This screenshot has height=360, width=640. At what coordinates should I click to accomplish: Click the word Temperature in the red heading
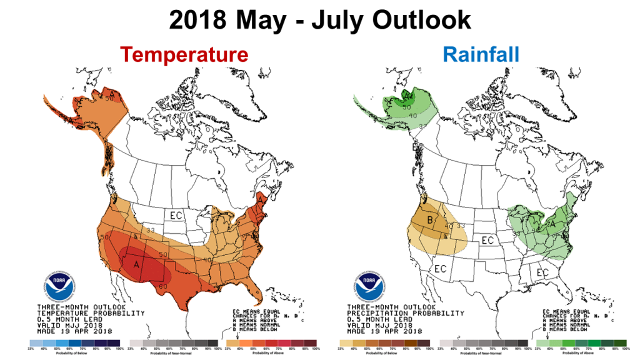point(184,54)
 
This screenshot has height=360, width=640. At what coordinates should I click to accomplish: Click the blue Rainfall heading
point(481,54)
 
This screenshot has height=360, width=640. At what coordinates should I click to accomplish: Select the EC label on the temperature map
point(176,216)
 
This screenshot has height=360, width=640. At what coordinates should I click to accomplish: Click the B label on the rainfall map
point(431,220)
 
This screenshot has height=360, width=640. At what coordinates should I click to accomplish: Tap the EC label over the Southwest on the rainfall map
point(440,269)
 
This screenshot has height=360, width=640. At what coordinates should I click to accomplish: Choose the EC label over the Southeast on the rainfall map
point(542,272)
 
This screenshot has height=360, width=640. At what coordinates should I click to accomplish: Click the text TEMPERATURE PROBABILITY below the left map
point(91,312)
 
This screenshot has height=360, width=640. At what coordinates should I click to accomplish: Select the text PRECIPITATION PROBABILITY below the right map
point(405,312)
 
